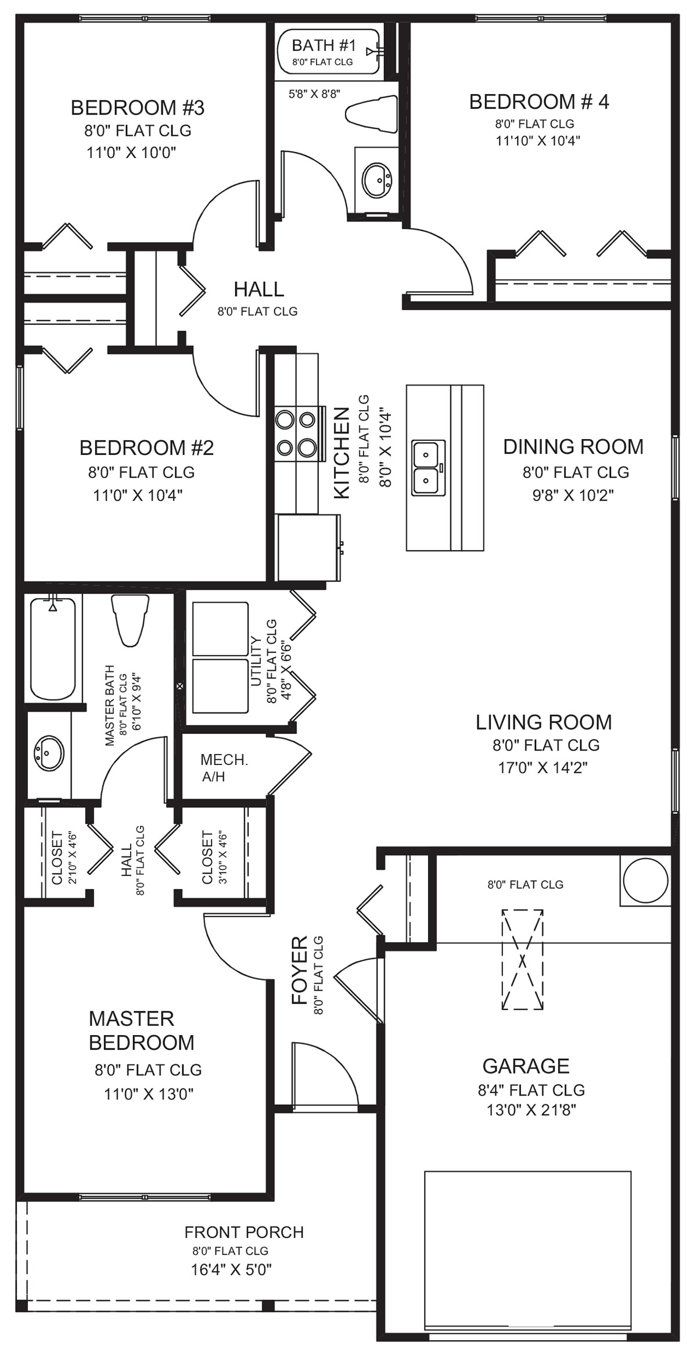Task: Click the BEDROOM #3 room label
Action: (x=138, y=108)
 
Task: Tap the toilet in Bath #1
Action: (x=371, y=110)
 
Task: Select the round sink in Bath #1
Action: (x=377, y=180)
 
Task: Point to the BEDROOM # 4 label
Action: (x=539, y=102)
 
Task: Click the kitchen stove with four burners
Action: (x=297, y=433)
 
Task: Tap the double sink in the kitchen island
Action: (x=429, y=468)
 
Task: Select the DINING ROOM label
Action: (x=573, y=447)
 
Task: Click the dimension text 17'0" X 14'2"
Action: (x=542, y=767)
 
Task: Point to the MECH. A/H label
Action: (x=224, y=768)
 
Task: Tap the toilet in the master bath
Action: (x=129, y=620)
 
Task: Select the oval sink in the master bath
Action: (x=49, y=754)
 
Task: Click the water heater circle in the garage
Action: (x=645, y=880)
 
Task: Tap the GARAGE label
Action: (x=526, y=1066)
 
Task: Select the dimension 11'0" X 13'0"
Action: (x=149, y=1094)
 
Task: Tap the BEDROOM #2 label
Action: (x=146, y=448)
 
